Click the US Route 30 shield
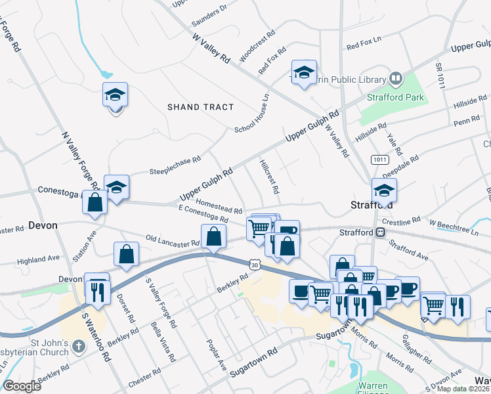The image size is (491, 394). tap(255, 263)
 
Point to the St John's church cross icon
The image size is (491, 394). tap(78, 345)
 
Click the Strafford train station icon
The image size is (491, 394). tap(380, 232)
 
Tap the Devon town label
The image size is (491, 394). tap(43, 225)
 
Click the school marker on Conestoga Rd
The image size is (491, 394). tap(117, 188)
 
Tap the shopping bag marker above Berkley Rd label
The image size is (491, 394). tap(214, 237)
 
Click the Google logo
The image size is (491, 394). tap(22, 386)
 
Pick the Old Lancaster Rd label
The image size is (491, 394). tap(172, 240)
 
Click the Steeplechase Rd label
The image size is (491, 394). tap(175, 161)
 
